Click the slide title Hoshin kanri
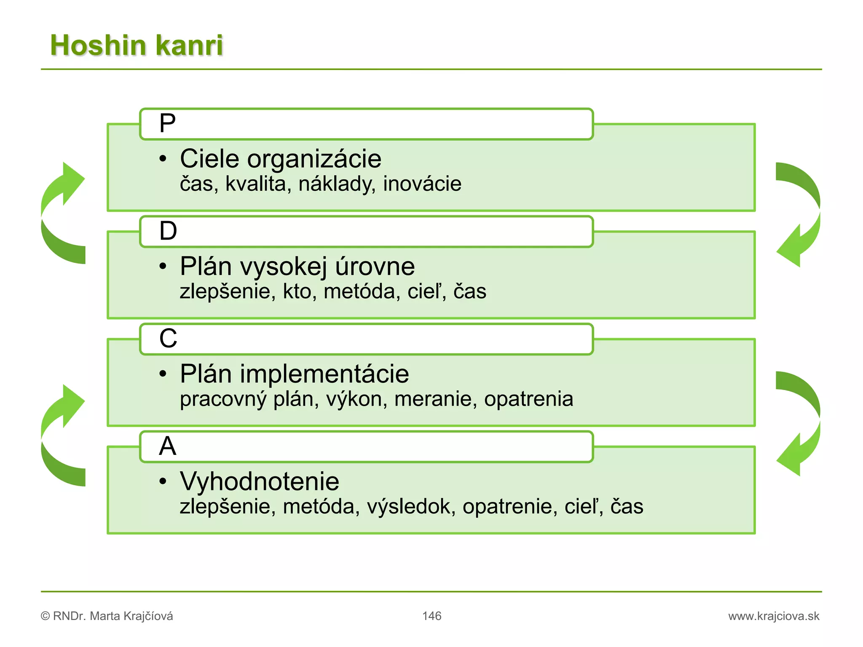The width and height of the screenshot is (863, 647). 137,45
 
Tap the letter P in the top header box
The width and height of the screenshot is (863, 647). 167,123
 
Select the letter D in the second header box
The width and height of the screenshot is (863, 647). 168,231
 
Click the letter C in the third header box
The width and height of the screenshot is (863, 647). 168,338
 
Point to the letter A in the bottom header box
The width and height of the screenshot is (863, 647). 167,446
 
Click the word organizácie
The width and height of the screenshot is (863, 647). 314,159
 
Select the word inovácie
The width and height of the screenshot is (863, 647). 422,184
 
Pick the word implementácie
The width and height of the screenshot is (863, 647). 324,374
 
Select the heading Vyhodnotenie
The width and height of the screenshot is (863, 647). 259,481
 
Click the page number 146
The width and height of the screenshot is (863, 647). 431,616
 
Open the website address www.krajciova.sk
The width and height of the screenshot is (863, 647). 774,616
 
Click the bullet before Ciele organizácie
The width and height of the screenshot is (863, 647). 163,160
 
